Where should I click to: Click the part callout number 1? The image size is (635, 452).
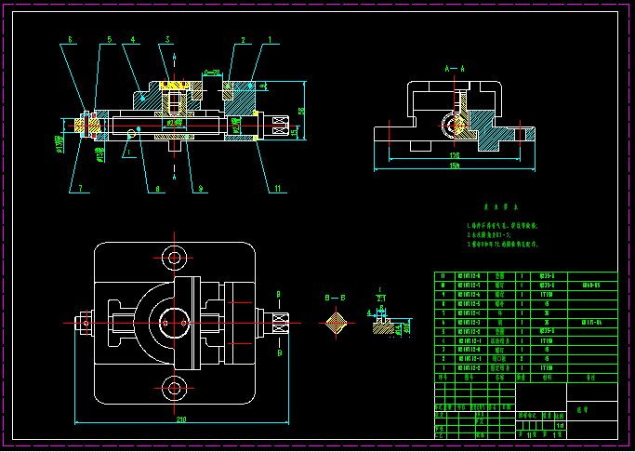(x=271, y=40)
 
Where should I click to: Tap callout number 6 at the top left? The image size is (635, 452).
(x=71, y=40)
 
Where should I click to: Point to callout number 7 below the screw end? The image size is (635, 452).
(x=80, y=189)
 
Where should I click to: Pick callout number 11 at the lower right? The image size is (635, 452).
(x=277, y=189)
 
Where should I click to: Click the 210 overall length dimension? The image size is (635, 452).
(x=180, y=419)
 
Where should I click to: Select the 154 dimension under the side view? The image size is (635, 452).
(x=455, y=166)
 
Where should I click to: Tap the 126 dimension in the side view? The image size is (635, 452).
(x=455, y=155)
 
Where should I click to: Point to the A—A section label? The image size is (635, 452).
(x=454, y=68)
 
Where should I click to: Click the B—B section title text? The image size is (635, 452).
(x=335, y=298)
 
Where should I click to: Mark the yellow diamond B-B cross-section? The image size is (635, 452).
(x=336, y=323)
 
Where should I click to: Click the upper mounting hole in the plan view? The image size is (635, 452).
(x=174, y=257)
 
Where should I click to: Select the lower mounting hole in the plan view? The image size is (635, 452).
(x=174, y=387)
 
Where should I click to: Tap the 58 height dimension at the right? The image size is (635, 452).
(x=301, y=110)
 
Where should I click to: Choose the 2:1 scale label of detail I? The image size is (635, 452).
(x=381, y=297)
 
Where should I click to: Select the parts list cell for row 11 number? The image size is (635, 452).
(x=443, y=276)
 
